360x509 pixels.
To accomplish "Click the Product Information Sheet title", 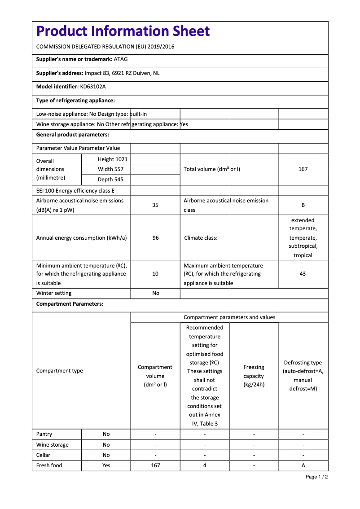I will [x=123, y=31].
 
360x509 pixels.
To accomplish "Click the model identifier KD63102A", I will [x=93, y=87].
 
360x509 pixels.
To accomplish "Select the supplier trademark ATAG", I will [x=121, y=59].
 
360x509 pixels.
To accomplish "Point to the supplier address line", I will [x=98, y=73].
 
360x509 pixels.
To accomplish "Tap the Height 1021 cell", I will [x=113, y=159].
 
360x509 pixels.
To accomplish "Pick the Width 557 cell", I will [x=111, y=169].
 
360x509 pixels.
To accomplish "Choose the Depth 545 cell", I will [x=111, y=180].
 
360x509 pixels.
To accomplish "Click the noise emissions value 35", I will [x=155, y=205].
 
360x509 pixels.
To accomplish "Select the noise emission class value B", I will [x=303, y=205].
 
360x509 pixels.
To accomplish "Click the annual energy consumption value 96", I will [x=155, y=238].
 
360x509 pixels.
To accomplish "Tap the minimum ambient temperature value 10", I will [x=155, y=273].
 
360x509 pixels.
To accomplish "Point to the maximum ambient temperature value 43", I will [x=303, y=273].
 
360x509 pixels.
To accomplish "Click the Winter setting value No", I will [x=156, y=293].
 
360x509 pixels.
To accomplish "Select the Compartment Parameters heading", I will [x=70, y=304].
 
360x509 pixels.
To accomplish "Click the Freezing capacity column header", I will [x=254, y=376].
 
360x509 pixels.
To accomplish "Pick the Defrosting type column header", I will [x=303, y=375].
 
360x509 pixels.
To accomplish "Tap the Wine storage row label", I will [x=53, y=445].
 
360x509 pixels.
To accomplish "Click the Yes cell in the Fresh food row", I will [x=106, y=465].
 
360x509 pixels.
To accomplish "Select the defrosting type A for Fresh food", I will [x=303, y=465].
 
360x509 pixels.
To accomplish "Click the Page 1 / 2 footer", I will [x=316, y=477].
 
